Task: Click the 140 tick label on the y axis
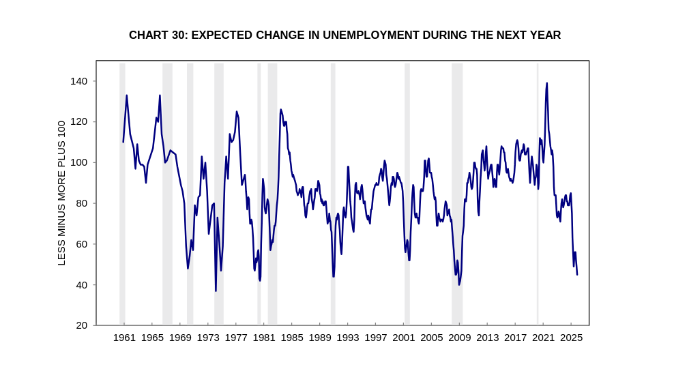pos(78,81)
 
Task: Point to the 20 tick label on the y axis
pos(81,325)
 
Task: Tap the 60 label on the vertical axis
pos(81,244)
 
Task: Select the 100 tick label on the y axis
pos(78,162)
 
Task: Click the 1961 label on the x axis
pos(124,338)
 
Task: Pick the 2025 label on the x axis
pos(571,338)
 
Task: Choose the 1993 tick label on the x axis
pos(347,338)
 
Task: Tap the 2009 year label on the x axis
pos(459,338)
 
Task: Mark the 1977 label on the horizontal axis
pos(236,338)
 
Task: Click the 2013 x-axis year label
pos(487,338)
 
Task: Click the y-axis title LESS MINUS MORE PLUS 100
pos(61,193)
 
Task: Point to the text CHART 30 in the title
pos(158,35)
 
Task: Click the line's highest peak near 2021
pos(546,83)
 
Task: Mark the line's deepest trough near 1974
pos(216,291)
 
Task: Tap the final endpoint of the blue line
pos(577,274)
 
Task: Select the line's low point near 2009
pos(459,284)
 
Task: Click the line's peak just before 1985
pos(280,109)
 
